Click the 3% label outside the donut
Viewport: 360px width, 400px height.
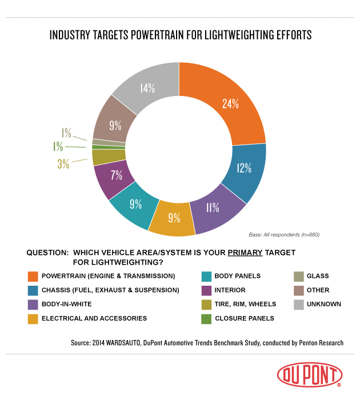coord(63,164)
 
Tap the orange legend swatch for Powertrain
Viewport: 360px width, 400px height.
coord(33,276)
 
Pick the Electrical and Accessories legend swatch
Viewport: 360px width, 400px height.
coord(33,318)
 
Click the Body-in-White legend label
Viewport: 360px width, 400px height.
coord(67,304)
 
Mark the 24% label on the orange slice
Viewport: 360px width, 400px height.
coord(230,104)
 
